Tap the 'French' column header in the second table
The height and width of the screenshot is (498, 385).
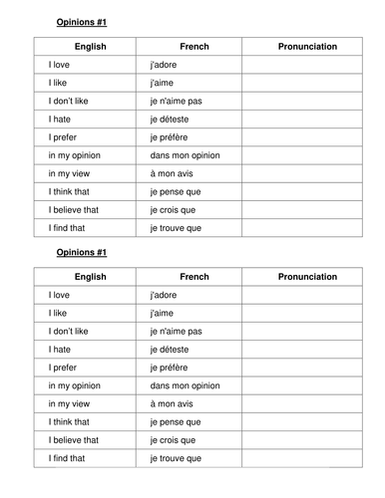click(x=193, y=277)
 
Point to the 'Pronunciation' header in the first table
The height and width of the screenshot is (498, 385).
click(x=307, y=47)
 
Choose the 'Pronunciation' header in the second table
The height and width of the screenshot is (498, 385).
click(x=307, y=277)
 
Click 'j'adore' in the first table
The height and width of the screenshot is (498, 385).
click(x=162, y=65)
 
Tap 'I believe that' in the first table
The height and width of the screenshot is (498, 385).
click(x=73, y=209)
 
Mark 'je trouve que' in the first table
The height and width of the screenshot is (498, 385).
click(x=175, y=228)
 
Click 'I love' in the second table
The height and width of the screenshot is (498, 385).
click(x=61, y=295)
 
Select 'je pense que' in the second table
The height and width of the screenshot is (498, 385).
click(x=173, y=421)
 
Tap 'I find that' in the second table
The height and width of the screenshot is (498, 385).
click(x=67, y=458)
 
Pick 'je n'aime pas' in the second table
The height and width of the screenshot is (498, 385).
click(x=175, y=331)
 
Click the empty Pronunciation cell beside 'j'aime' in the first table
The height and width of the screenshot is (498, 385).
click(x=307, y=83)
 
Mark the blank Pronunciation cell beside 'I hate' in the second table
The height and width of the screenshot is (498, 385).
click(x=307, y=349)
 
